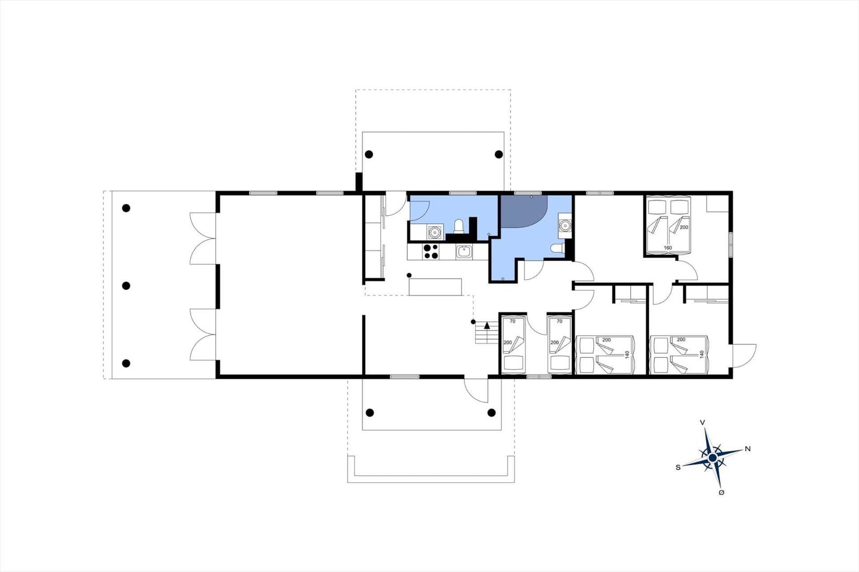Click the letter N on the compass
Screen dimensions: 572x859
(x=747, y=449)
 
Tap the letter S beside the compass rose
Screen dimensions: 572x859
(x=678, y=467)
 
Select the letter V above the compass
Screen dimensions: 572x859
(x=703, y=422)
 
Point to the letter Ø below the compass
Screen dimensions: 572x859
(x=721, y=493)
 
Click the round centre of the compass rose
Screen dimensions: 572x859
(x=712, y=458)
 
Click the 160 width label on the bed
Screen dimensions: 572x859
(x=668, y=248)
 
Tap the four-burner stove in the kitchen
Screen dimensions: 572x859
(x=431, y=252)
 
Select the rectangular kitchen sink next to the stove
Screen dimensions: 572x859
(x=464, y=252)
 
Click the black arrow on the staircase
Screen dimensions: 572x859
(x=487, y=325)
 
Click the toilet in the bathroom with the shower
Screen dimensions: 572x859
(x=558, y=248)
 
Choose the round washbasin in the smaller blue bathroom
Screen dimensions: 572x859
(x=434, y=232)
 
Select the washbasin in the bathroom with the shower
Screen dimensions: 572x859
(x=564, y=225)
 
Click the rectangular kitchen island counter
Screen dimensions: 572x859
(x=435, y=287)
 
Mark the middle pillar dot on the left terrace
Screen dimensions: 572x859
(x=126, y=286)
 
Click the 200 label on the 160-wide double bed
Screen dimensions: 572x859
(x=683, y=228)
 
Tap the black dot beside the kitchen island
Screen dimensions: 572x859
(x=409, y=275)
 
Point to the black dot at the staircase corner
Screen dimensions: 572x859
(x=473, y=322)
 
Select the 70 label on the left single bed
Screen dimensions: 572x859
(x=513, y=321)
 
